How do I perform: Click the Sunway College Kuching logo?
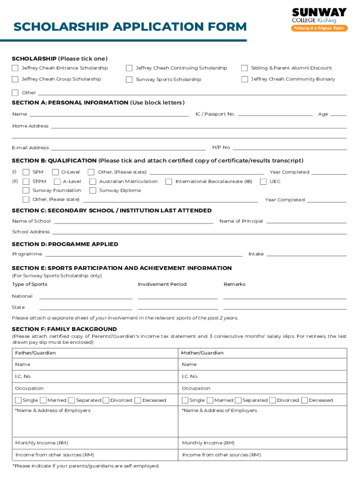pos(320,20)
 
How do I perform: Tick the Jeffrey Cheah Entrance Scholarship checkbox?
pos(15,68)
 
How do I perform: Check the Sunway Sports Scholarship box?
pos(129,80)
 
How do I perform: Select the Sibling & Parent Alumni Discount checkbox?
pos(244,68)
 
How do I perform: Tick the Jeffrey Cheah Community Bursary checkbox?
pos(244,79)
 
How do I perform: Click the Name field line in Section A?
pos(109,114)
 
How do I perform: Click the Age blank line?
pos(338,114)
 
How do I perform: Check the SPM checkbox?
pos(26,172)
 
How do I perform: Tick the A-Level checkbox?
pos(57,181)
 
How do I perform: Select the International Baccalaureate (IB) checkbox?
pos(169,181)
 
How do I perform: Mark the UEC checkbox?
pos(263,181)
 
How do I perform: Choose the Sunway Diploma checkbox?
pos(93,190)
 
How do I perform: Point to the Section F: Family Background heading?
pos(64,329)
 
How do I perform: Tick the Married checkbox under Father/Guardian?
pos(43,400)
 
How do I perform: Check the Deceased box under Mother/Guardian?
pos(305,400)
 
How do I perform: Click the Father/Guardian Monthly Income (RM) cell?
pos(95,443)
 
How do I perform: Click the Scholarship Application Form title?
pos(130,27)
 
